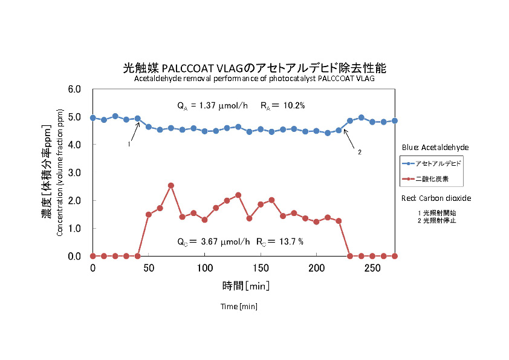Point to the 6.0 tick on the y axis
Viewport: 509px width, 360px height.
[x=74, y=89]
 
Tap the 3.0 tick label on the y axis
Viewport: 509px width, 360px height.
[x=74, y=172]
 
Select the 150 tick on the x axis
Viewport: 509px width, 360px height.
[x=261, y=268]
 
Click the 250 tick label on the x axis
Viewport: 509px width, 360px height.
[x=372, y=268]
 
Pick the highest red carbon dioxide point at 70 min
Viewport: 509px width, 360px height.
[x=171, y=185]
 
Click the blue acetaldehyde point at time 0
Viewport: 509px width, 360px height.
[x=92, y=117]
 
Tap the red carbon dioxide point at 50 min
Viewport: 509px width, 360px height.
[x=149, y=214]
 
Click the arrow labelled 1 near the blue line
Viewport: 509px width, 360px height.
[x=134, y=133]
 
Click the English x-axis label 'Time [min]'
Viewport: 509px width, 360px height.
[x=239, y=307]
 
